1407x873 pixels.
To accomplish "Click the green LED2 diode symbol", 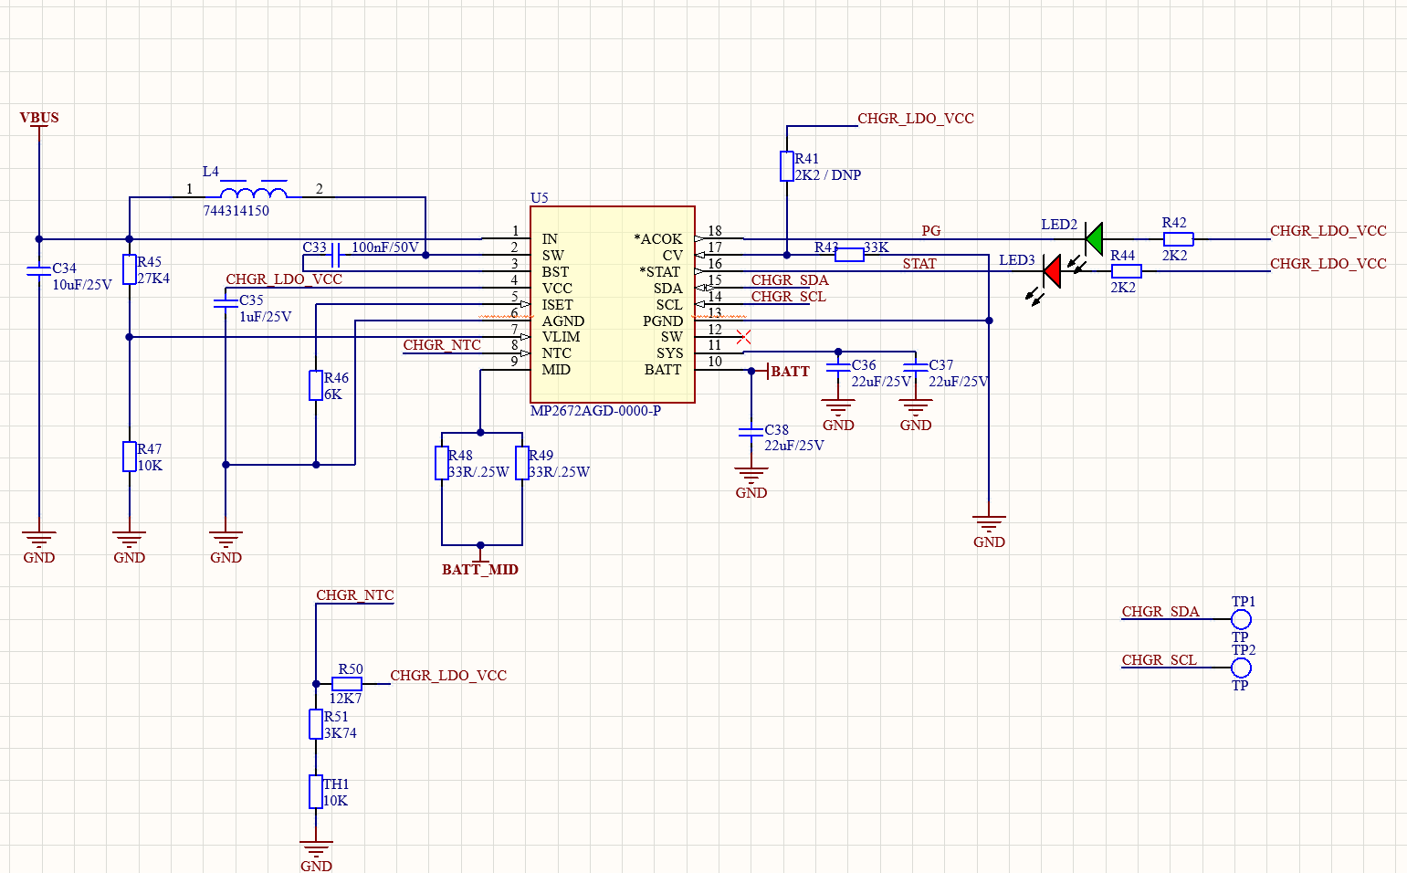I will pyautogui.click(x=1093, y=239).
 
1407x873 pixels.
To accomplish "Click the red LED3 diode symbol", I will pyautogui.click(x=1052, y=271).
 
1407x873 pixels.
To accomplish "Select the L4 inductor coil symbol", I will pyautogui.click(x=254, y=193).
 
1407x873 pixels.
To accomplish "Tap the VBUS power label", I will pyautogui.click(x=39, y=118).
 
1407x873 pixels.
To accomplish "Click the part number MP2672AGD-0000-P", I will pyautogui.click(x=595, y=411).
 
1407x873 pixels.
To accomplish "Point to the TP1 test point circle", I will pyautogui.click(x=1241, y=619).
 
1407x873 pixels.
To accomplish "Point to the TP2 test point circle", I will pyautogui.click(x=1241, y=668).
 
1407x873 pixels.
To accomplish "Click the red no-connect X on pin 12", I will pyautogui.click(x=743, y=337).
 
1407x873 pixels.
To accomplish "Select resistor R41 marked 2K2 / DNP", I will pyautogui.click(x=786, y=166).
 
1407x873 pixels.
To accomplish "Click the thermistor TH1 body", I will pyautogui.click(x=316, y=792).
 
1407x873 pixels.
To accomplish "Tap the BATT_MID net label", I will pyautogui.click(x=480, y=570).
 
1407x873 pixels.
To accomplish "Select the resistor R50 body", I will pyautogui.click(x=347, y=684).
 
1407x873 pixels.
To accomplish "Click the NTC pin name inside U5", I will pyautogui.click(x=556, y=353).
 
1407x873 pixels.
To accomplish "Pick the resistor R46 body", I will pyautogui.click(x=316, y=385).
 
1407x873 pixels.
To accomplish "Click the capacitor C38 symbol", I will pyautogui.click(x=751, y=432).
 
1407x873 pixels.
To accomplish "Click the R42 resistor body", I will pyautogui.click(x=1178, y=239).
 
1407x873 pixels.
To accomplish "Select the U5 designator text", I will pyautogui.click(x=539, y=198).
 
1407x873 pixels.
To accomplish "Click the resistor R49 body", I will pyautogui.click(x=522, y=463).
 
